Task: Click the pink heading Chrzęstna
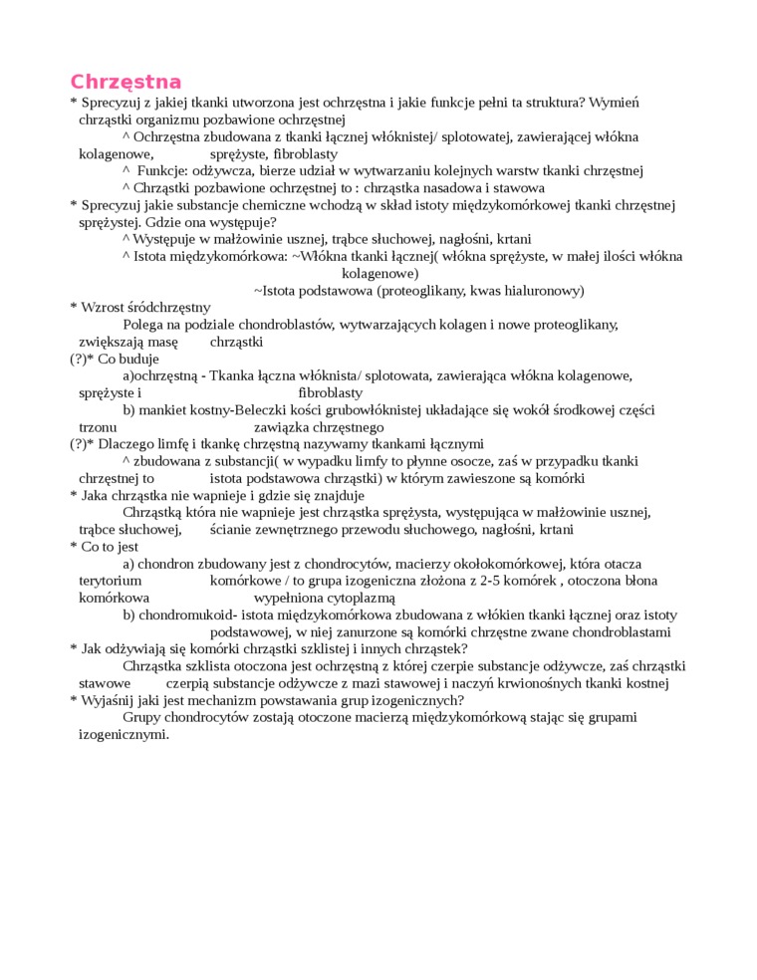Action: pos(126,82)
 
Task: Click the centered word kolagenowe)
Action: pos(379,273)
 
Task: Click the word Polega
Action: pos(143,325)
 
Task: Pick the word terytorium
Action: pos(110,581)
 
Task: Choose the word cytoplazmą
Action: pos(362,598)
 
